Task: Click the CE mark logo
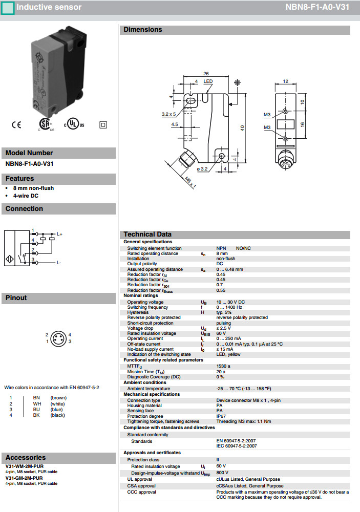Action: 16,124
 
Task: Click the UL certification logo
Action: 74,124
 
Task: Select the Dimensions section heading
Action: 143,30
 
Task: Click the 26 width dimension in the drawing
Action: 206,73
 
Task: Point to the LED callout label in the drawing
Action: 208,81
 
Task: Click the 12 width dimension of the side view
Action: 286,81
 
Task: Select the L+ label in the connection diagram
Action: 59,234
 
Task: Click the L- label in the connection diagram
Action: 59,263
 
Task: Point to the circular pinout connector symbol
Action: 58,338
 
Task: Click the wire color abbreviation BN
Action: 36,397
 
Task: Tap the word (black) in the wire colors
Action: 58,415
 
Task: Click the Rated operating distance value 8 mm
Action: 222,253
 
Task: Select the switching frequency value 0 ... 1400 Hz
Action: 230,307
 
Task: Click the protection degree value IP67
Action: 221,416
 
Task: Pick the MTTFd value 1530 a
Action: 223,366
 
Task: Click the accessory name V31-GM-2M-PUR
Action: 25,478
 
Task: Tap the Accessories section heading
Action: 26,457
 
